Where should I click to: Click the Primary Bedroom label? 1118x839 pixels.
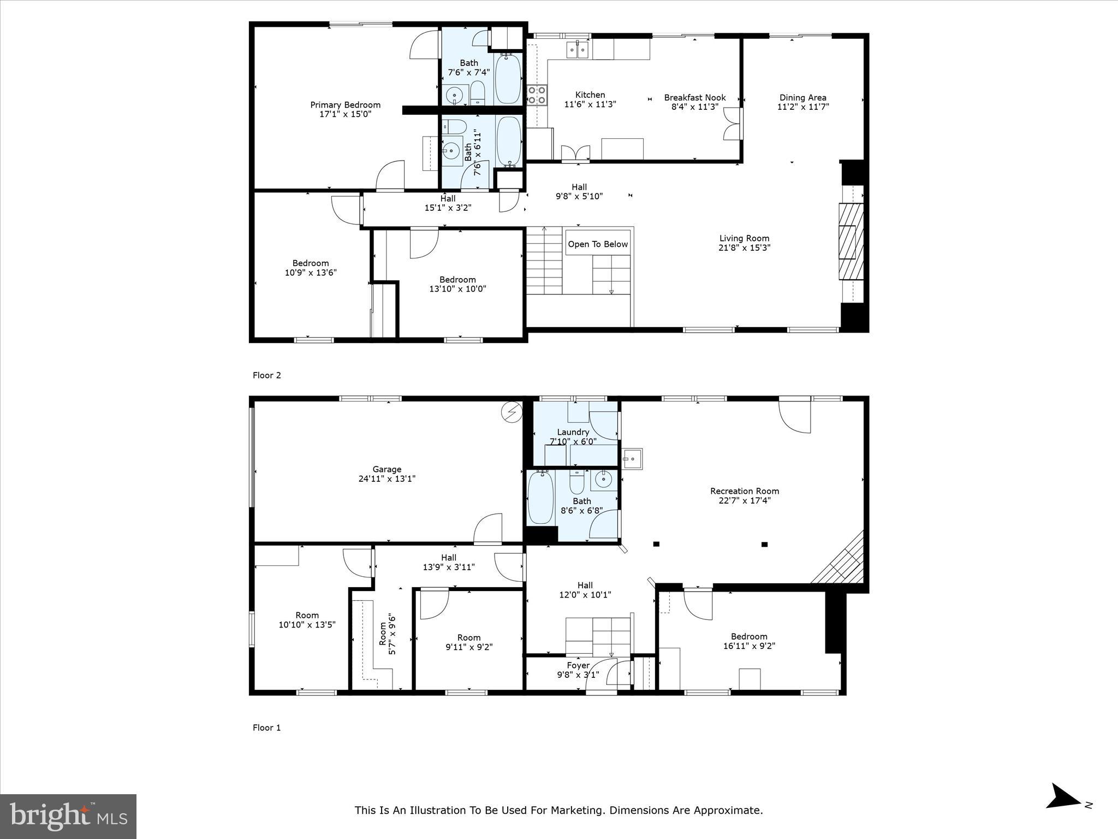click(x=345, y=105)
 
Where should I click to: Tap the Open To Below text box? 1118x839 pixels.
click(x=598, y=244)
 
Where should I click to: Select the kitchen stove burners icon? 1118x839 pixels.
click(x=537, y=96)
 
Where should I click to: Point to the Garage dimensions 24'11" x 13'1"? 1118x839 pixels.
click(x=386, y=478)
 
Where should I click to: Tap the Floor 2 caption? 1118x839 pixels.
click(x=266, y=375)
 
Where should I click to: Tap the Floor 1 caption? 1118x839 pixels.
click(x=266, y=728)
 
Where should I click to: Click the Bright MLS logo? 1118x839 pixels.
click(x=68, y=816)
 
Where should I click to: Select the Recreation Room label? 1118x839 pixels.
click(x=744, y=491)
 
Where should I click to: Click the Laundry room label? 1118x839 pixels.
click(x=573, y=432)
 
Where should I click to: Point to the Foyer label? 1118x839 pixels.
click(x=578, y=665)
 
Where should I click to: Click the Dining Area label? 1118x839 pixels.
click(x=802, y=98)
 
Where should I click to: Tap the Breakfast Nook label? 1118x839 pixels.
click(x=694, y=98)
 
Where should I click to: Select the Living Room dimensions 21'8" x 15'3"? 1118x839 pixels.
click(x=744, y=248)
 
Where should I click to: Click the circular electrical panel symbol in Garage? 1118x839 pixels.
click(x=512, y=412)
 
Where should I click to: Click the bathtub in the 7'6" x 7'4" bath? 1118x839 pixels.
click(x=508, y=79)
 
